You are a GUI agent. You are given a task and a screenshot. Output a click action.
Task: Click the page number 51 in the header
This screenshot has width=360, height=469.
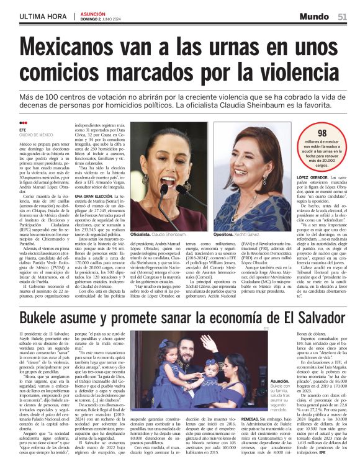click(343, 16)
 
